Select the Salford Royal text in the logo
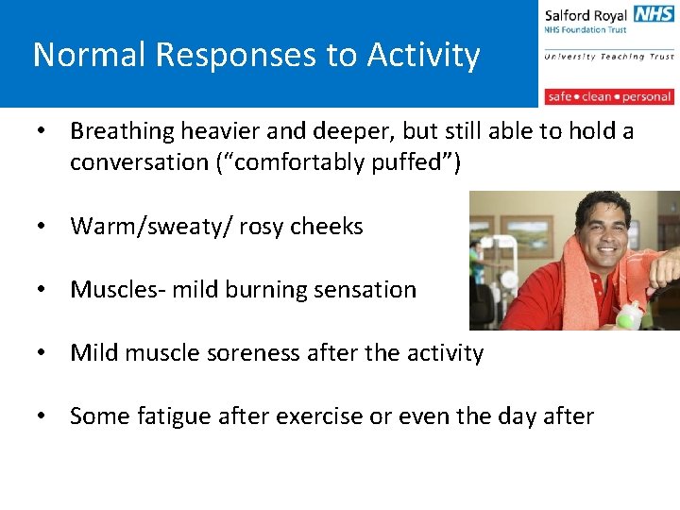point(586,15)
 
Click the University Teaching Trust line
point(608,57)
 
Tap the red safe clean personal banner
point(608,96)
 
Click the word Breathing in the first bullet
point(123,130)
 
